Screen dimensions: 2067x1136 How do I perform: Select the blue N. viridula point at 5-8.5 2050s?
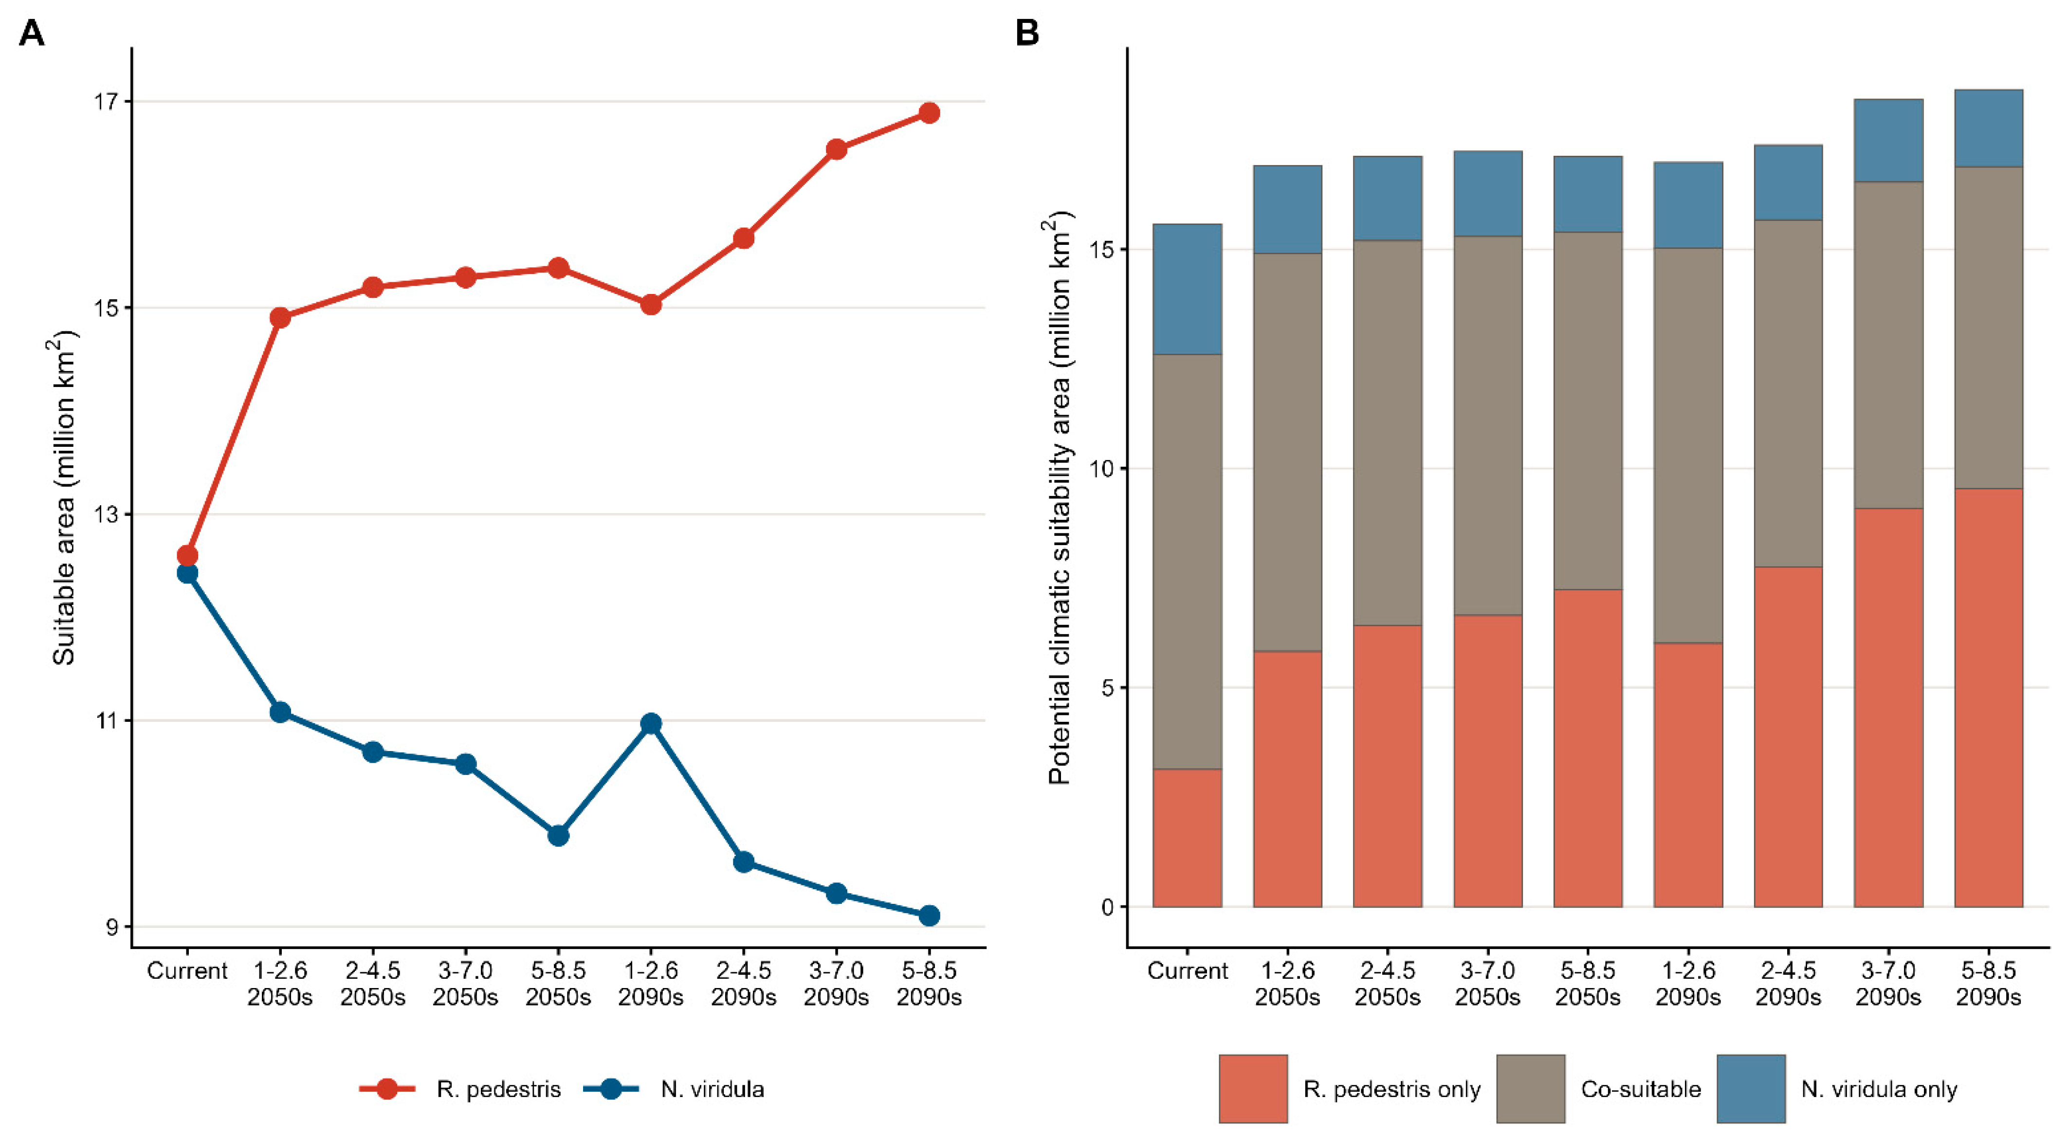558,835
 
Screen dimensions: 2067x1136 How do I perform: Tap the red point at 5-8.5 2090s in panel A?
929,113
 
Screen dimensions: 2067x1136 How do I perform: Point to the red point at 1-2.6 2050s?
280,318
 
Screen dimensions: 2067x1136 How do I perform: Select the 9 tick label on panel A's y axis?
111,927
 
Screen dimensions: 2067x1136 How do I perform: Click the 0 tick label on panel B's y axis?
1107,907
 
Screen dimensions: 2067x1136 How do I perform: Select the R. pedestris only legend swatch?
1253,1089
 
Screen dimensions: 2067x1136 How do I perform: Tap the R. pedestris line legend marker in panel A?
387,1089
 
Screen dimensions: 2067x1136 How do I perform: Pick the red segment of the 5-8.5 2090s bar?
1988,697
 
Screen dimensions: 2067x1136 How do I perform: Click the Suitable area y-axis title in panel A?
64,498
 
